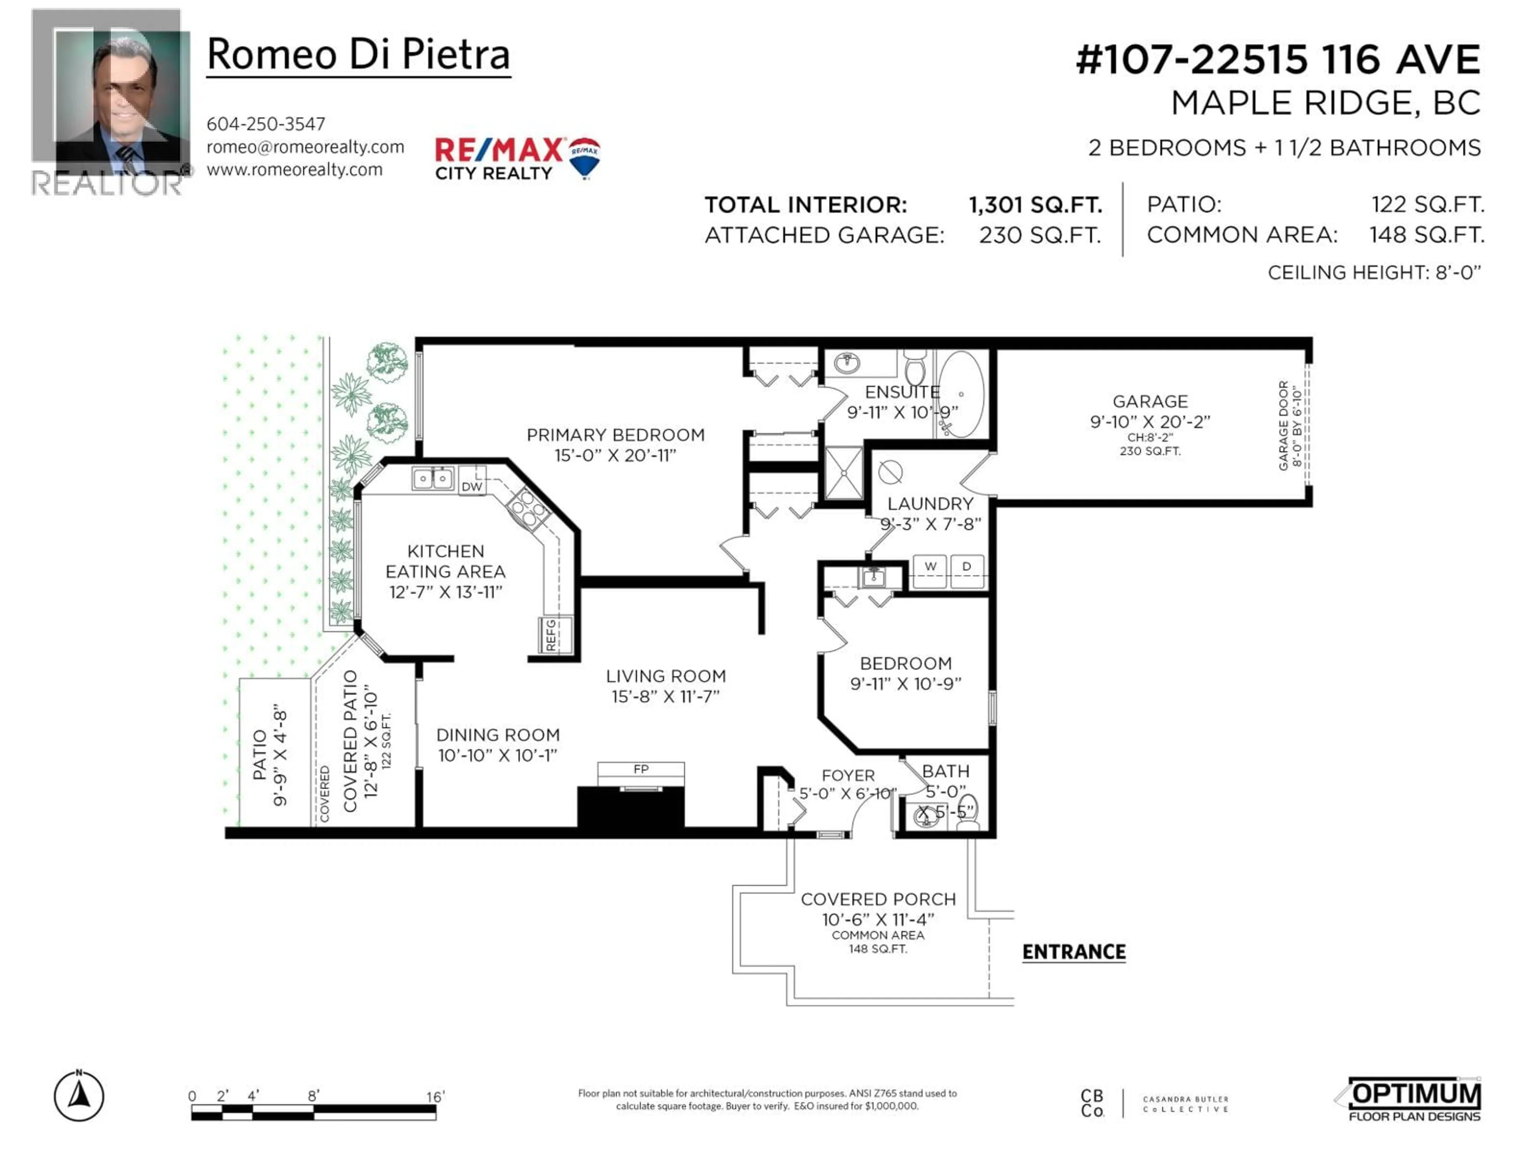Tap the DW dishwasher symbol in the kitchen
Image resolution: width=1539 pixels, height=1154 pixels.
[x=472, y=486]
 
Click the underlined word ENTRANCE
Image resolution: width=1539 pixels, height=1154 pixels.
[x=1074, y=952]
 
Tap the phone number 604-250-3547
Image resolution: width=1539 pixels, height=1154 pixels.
[x=266, y=124]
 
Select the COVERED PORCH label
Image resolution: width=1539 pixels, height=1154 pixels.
[x=878, y=900]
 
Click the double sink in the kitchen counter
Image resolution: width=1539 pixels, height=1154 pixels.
[x=433, y=478]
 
